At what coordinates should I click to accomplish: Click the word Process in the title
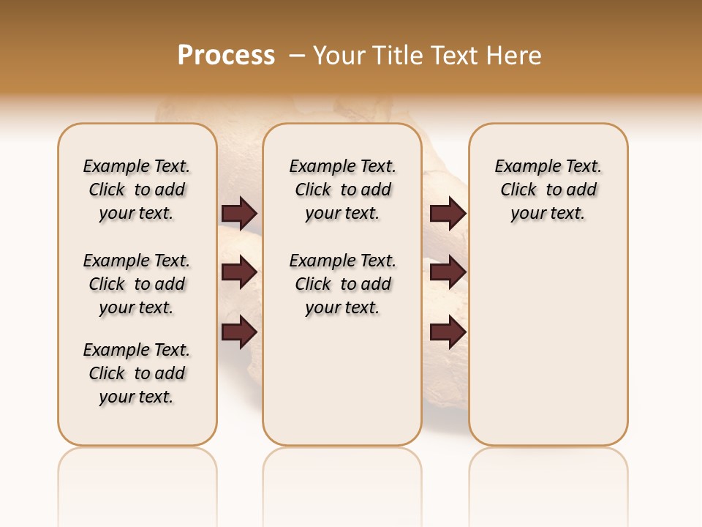[x=226, y=56]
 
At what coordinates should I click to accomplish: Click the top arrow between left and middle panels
[x=239, y=214]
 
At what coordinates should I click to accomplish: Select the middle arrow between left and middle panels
[x=239, y=272]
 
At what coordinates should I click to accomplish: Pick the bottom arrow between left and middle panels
[x=239, y=332]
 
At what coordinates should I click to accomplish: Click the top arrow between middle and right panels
[x=448, y=214]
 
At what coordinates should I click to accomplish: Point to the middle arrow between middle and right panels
[x=448, y=272]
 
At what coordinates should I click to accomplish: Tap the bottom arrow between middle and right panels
[x=448, y=332]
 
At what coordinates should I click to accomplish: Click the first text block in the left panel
[x=137, y=190]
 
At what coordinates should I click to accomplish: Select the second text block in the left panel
[x=137, y=284]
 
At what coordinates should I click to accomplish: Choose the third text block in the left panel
[x=137, y=373]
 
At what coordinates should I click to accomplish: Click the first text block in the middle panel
[x=342, y=190]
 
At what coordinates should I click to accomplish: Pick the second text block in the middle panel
[x=342, y=284]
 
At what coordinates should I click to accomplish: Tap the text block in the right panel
[x=548, y=190]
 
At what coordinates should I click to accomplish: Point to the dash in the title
[x=297, y=56]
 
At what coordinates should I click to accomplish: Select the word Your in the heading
[x=339, y=56]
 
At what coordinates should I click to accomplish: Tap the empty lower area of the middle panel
[x=342, y=381]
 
